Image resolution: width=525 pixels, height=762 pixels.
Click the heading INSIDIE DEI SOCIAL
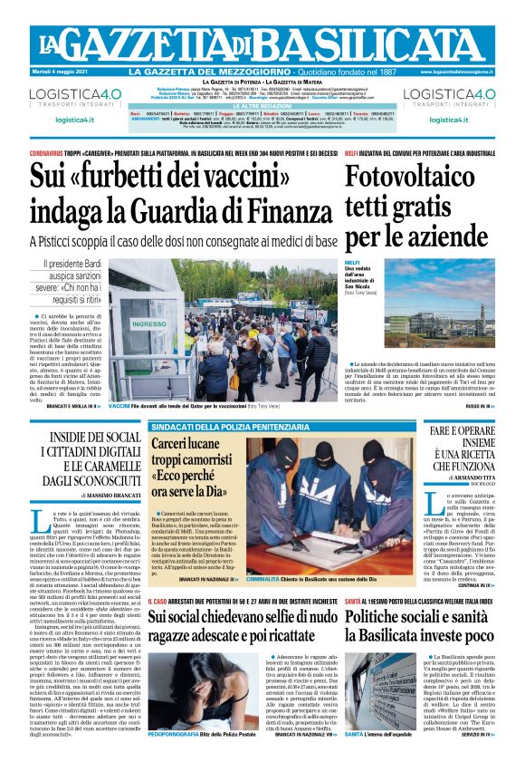click(90, 438)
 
